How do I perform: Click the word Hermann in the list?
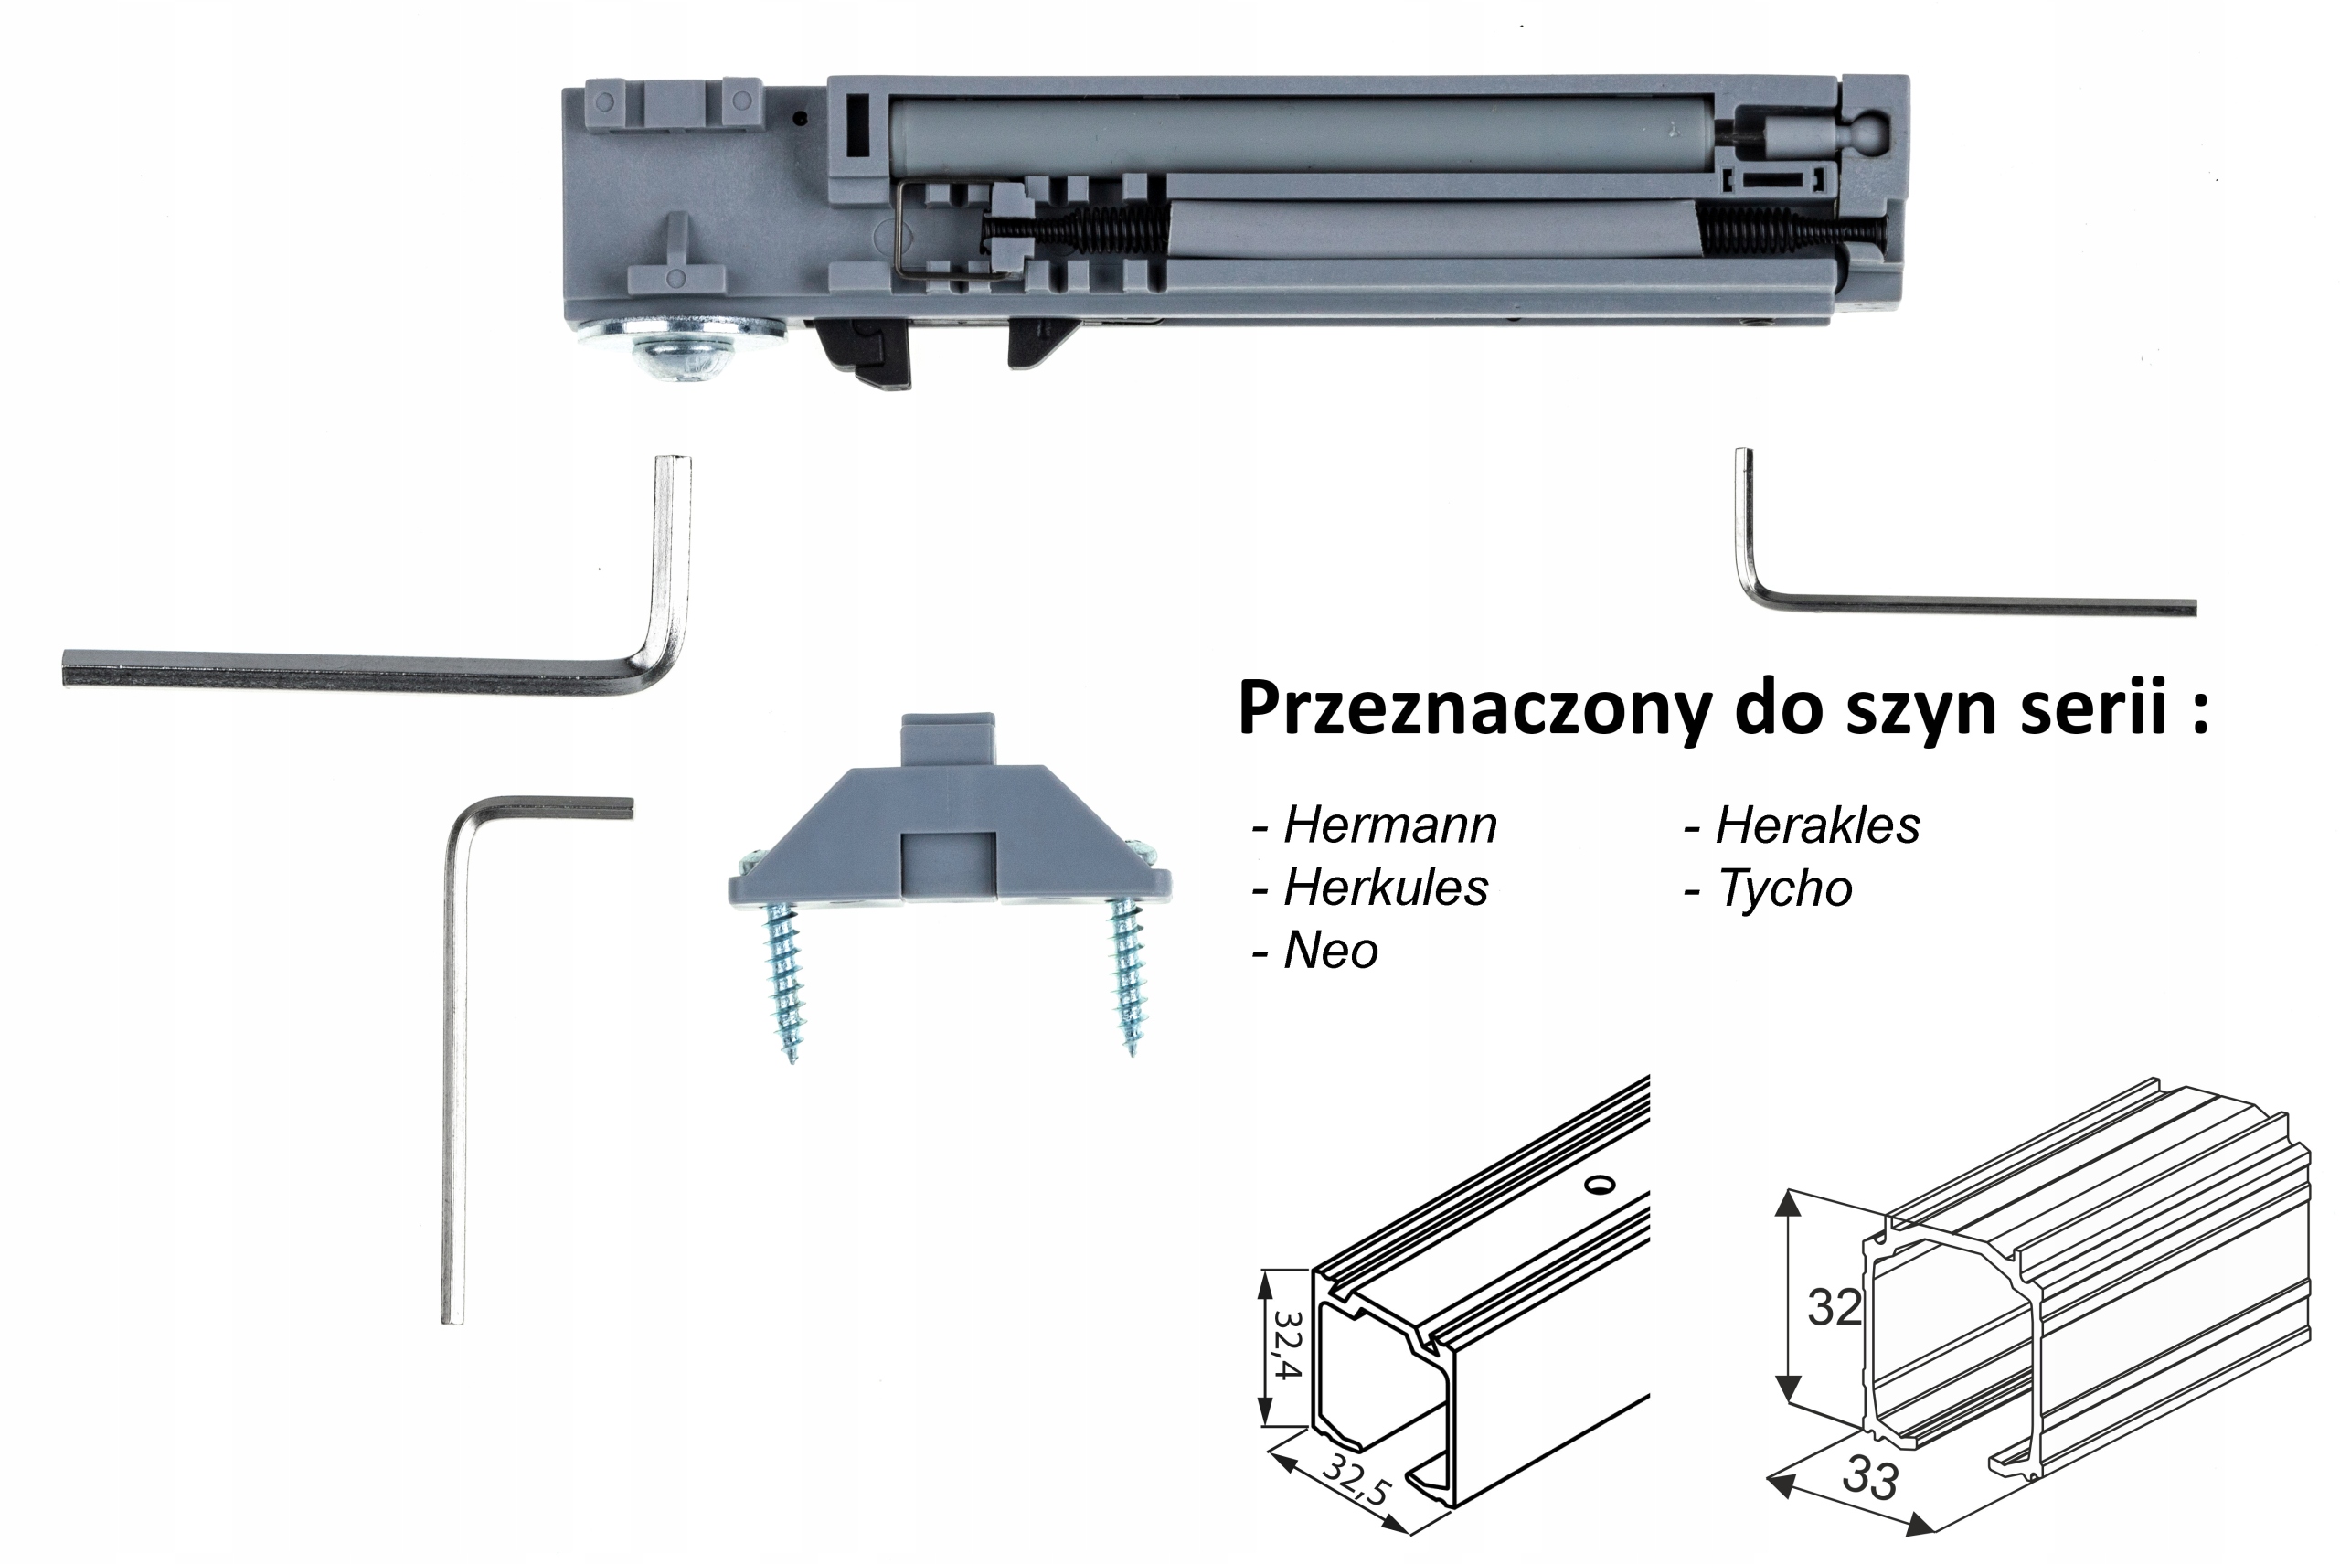(x=1389, y=825)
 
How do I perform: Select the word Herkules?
(x=1386, y=887)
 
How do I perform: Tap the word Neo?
(x=1331, y=951)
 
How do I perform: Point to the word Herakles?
(x=1817, y=825)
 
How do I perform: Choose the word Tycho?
(x=1784, y=888)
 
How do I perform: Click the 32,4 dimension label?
(x=1287, y=1344)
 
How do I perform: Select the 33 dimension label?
(x=1869, y=1478)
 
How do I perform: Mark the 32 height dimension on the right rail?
(x=1835, y=1306)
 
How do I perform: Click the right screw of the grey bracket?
(x=1128, y=973)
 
